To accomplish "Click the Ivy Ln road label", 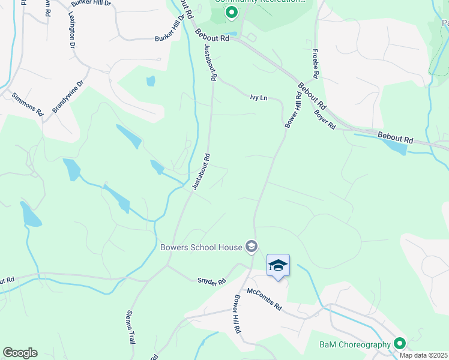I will click(x=259, y=96).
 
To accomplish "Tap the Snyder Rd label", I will click(x=212, y=281).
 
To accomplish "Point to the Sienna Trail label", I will click(x=131, y=326).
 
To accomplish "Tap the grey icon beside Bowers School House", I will click(x=252, y=246).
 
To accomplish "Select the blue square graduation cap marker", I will click(x=278, y=265).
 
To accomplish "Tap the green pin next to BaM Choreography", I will click(x=400, y=344).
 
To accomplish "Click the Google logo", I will click(x=20, y=353).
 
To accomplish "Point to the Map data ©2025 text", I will click(x=423, y=355).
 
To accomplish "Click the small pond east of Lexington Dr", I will click(x=151, y=80).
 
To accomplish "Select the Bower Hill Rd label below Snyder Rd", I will click(x=238, y=313).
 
